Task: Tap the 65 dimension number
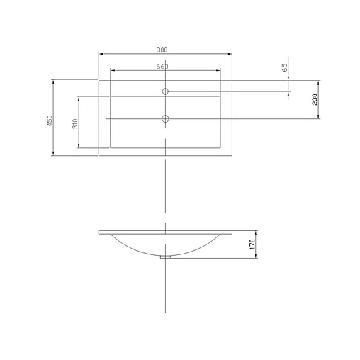tap(284, 68)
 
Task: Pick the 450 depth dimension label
tap(50, 121)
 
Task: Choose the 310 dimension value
tap(74, 123)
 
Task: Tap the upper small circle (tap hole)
tap(165, 91)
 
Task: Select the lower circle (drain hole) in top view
tap(165, 118)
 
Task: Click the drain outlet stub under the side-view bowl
tap(165, 257)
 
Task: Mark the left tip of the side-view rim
tap(99, 232)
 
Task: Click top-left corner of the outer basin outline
tap(99, 80)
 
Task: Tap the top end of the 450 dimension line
tap(55, 80)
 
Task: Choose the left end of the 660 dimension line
tap(111, 71)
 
